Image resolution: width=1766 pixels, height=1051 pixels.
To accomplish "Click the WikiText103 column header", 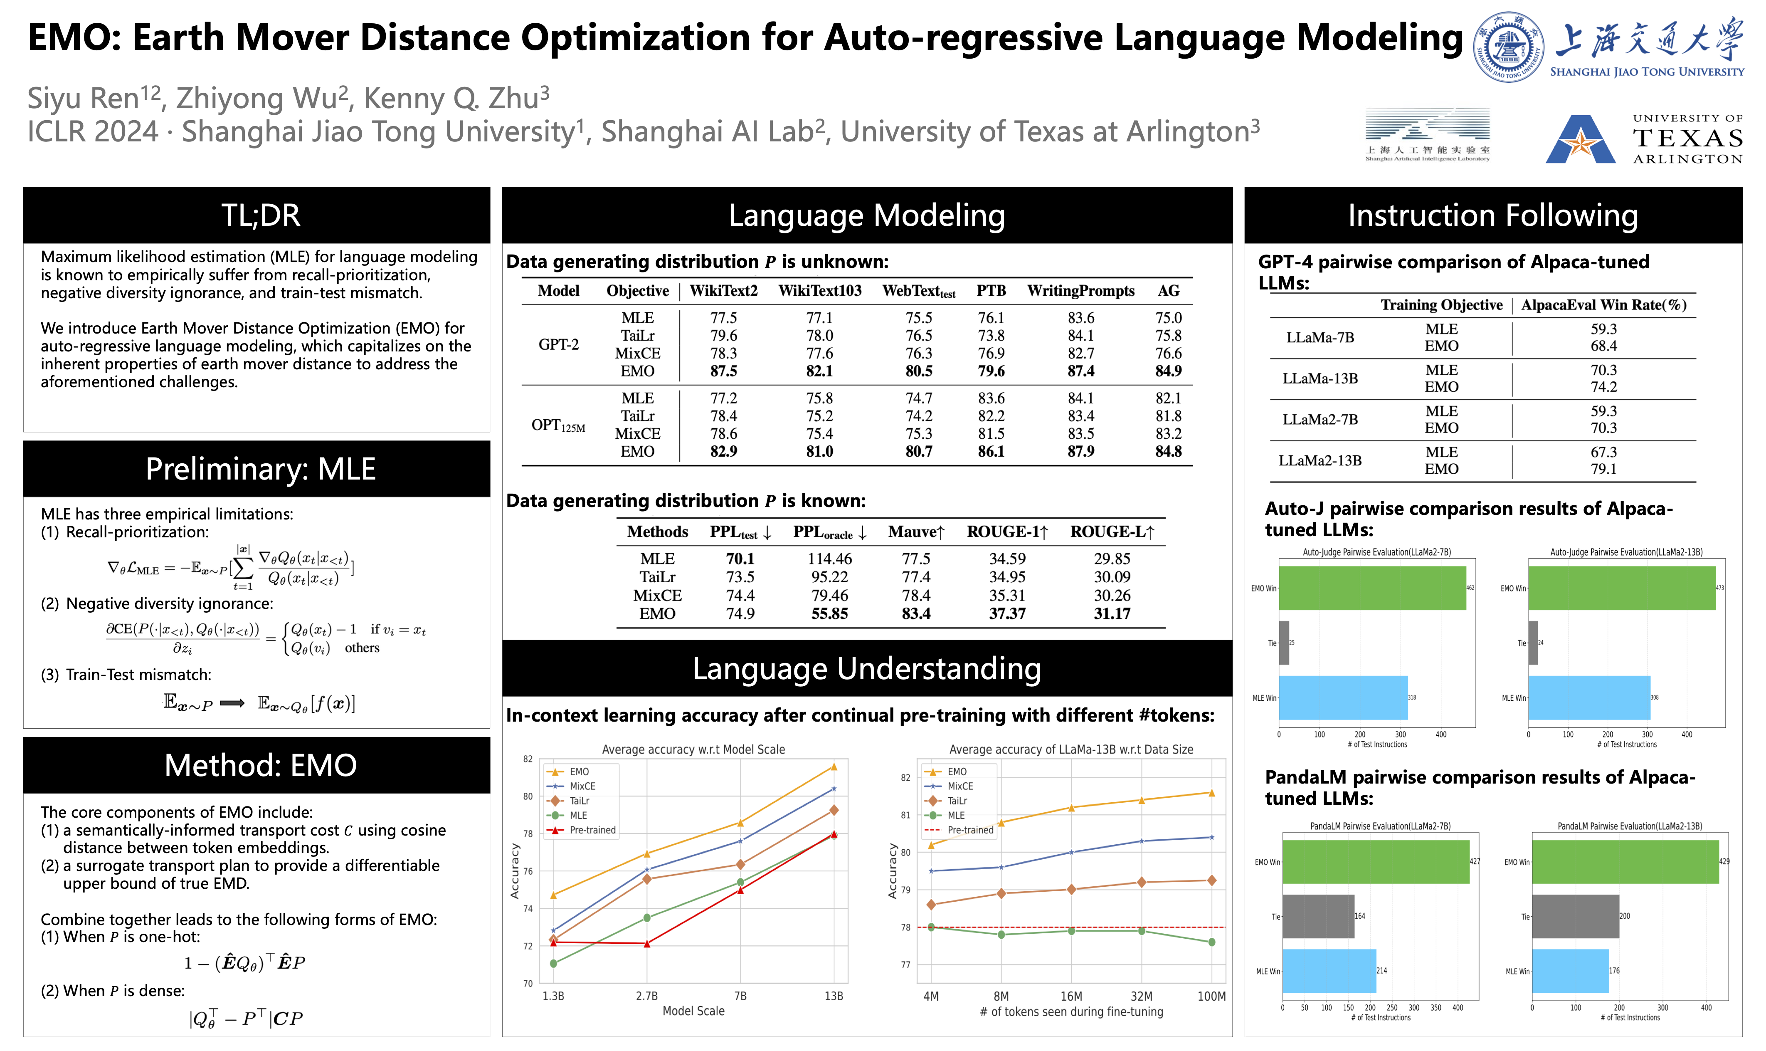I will [820, 291].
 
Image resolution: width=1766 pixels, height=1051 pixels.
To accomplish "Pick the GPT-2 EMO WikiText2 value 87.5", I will [723, 371].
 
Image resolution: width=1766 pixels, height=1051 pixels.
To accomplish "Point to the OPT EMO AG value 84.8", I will [1168, 451].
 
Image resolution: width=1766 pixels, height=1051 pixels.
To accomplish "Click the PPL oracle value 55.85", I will [829, 613].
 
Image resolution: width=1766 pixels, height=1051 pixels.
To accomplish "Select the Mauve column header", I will [916, 532].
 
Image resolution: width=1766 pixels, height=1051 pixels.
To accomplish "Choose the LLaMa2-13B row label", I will [1320, 460].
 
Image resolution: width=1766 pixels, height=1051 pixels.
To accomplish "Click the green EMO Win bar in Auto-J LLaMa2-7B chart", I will [1372, 588].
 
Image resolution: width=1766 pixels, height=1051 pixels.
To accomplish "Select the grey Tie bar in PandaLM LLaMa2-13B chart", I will [1575, 916].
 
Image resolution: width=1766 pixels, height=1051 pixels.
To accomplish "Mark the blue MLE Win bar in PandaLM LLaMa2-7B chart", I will [1329, 971].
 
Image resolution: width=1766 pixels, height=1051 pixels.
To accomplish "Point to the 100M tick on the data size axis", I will [1211, 996].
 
